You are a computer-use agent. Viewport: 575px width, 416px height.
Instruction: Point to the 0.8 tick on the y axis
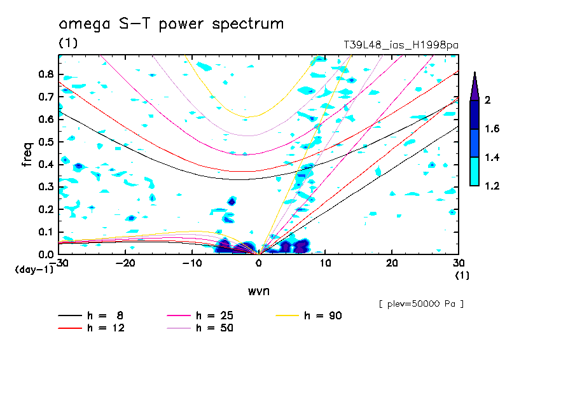45,74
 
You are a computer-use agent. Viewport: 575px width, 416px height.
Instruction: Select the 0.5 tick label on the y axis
45,142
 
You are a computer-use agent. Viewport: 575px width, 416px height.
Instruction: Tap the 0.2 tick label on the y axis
45,209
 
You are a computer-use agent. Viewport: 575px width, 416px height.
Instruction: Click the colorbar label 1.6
492,129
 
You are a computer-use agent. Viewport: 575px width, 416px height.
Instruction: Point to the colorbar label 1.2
492,186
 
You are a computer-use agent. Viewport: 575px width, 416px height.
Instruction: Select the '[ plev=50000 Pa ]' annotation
421,304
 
